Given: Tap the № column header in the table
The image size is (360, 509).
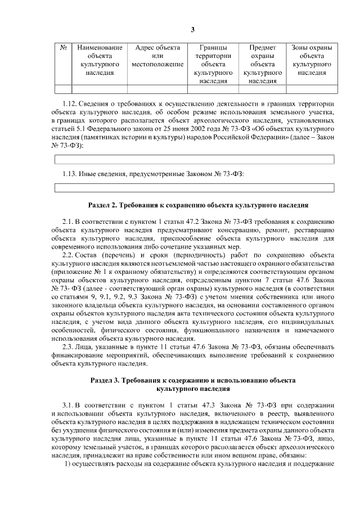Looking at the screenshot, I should pyautogui.click(x=64, y=48).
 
